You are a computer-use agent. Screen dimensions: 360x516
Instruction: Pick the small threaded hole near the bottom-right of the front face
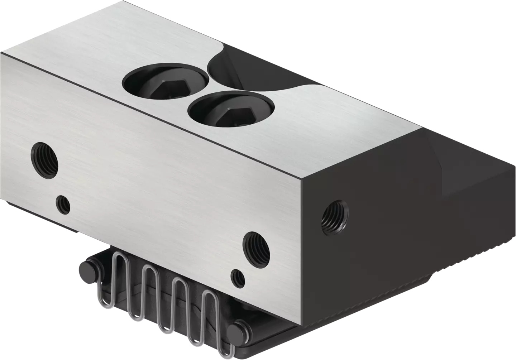(x=238, y=278)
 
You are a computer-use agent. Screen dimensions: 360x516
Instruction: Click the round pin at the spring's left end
(x=87, y=269)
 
